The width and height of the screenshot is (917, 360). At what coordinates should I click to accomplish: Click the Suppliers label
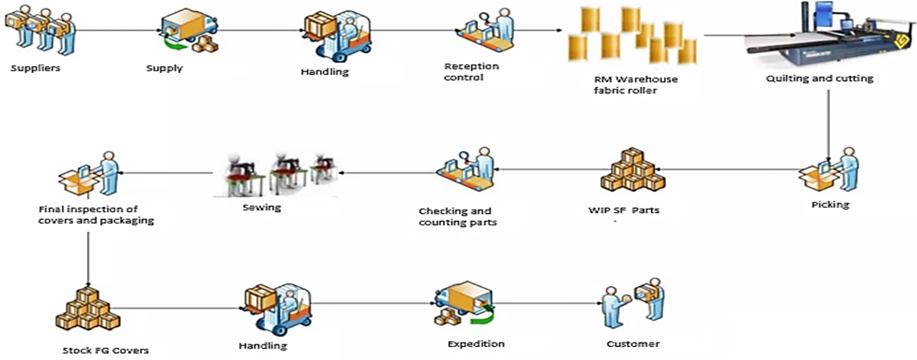(x=36, y=67)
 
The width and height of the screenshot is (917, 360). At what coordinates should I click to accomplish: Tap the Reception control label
(x=464, y=71)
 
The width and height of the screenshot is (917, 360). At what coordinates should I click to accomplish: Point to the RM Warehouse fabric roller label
(x=630, y=83)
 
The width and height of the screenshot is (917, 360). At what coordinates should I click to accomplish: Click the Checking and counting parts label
(x=455, y=217)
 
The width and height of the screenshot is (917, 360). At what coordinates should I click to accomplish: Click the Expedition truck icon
(x=464, y=305)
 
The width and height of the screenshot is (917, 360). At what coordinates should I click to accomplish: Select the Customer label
(x=633, y=343)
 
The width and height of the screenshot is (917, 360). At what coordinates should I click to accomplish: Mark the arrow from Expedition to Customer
(x=548, y=305)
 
